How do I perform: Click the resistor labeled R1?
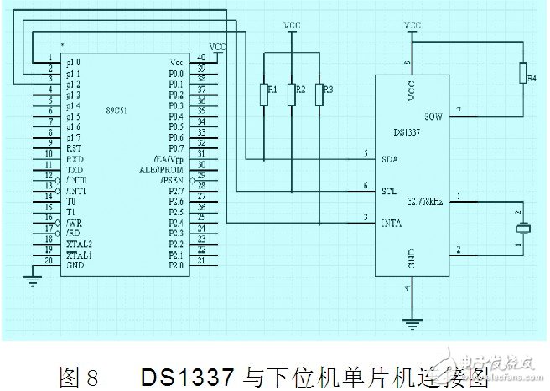point(264,94)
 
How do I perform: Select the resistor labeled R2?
point(291,94)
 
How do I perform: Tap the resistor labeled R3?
point(319,94)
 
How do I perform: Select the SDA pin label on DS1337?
point(389,159)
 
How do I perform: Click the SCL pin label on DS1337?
point(389,190)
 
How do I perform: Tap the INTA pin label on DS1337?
point(391,222)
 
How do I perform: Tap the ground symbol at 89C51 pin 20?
point(34,280)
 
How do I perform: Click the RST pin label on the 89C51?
point(74,147)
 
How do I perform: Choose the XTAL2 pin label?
point(80,242)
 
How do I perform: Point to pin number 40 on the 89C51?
point(201,57)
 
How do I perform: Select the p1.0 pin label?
point(75,62)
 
